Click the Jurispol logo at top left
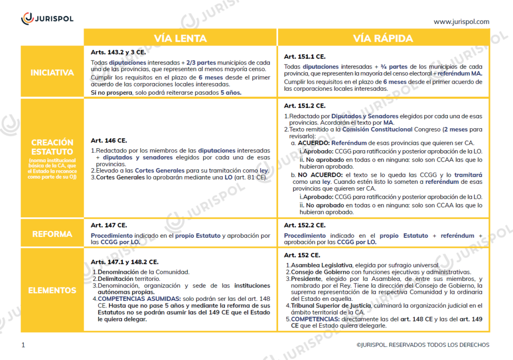click(47, 19)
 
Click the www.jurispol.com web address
click(461, 22)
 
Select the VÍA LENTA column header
click(180, 39)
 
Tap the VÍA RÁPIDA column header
click(383, 39)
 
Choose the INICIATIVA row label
click(52, 73)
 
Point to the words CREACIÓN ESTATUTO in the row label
click(52, 147)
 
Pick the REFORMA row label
click(52, 234)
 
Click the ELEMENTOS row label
click(52, 290)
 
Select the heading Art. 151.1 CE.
click(305, 57)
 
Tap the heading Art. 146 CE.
click(109, 141)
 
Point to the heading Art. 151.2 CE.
click(305, 106)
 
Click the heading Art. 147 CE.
click(109, 225)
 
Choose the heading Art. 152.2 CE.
click(305, 225)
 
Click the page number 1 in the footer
click(23, 344)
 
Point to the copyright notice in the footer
click(423, 344)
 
